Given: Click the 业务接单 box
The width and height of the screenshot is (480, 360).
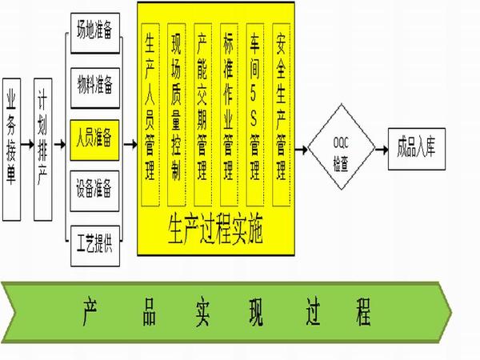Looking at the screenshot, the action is (x=12, y=150).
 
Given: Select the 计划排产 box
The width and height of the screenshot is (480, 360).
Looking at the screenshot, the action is (x=43, y=150).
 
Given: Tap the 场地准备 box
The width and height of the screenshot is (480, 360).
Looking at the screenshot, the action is (x=95, y=33).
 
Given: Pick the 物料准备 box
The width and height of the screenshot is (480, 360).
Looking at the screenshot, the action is (x=95, y=88).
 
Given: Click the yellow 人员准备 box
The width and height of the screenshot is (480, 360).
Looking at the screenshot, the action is (x=94, y=140).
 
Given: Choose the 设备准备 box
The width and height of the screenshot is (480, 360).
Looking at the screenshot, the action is (x=94, y=191).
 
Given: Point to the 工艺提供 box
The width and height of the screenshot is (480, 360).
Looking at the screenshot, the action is (x=95, y=246).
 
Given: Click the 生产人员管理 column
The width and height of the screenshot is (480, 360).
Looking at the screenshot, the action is (x=150, y=114).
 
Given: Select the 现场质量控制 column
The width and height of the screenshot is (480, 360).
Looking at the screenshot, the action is (x=176, y=114).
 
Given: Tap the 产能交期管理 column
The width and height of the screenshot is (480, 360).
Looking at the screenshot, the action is (x=202, y=114).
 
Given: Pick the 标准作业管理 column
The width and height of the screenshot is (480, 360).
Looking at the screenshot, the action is (x=229, y=114).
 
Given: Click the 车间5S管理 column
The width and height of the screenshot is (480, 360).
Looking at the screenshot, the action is (x=255, y=114).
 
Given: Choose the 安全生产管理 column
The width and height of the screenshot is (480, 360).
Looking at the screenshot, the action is (x=282, y=114).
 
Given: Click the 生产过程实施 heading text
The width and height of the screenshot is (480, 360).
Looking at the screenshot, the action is (x=216, y=231).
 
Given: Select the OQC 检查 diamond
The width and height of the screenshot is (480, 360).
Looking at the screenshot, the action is (x=342, y=147).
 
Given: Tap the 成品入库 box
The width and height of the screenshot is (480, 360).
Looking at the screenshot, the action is (x=417, y=149).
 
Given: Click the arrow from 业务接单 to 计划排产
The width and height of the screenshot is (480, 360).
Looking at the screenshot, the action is (x=27, y=144).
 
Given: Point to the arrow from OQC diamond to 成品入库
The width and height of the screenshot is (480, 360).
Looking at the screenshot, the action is (x=382, y=150).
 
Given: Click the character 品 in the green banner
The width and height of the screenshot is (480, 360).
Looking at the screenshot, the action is (x=150, y=312).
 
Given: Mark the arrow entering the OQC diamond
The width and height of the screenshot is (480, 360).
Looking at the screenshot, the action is (x=302, y=150).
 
